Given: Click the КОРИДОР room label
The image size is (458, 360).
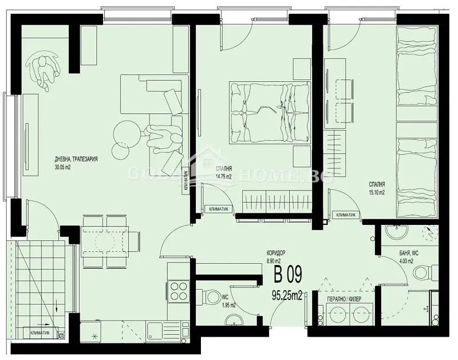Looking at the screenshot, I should pyautogui.click(x=275, y=253).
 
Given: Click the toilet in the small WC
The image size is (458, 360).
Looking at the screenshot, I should pyautogui.click(x=213, y=297).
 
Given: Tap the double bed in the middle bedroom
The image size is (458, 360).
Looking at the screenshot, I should pyautogui.click(x=269, y=111).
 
